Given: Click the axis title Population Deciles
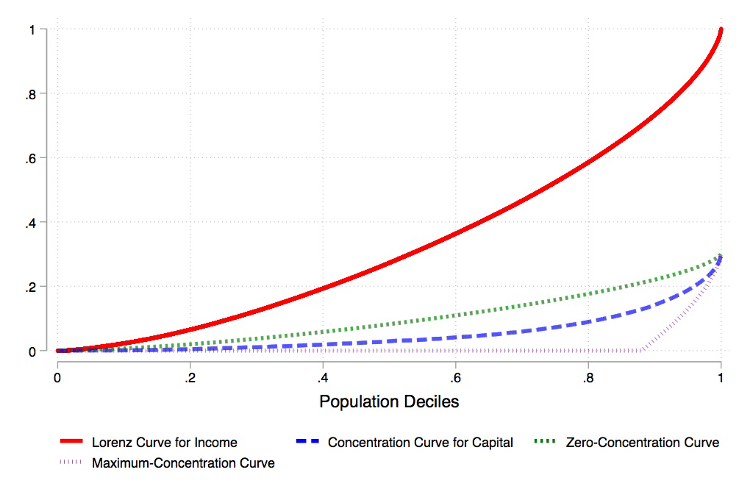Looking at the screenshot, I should coord(389,402).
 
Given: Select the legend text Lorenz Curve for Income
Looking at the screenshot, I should coord(164,443).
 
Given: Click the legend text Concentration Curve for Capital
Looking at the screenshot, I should coord(421,443).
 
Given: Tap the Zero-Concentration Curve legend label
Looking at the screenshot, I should coord(643,443).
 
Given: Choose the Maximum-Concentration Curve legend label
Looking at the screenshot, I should coord(183,463).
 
